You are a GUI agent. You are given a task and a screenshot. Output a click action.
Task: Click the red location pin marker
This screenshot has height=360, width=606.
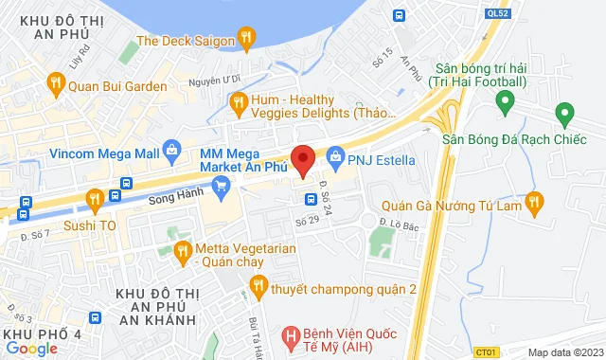[x=303, y=160]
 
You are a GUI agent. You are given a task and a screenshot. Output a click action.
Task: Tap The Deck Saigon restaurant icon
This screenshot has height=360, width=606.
[x=247, y=39]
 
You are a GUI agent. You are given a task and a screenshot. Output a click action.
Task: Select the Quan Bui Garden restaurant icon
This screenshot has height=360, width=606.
[x=56, y=83]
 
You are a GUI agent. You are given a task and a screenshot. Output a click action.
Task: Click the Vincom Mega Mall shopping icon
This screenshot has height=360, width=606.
[x=171, y=148]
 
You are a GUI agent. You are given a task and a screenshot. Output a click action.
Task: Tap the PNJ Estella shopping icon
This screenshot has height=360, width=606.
[x=334, y=158]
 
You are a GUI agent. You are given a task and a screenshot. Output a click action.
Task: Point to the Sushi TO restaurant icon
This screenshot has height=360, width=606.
[x=94, y=199]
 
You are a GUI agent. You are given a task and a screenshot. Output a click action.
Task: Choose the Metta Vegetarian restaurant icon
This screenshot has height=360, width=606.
[x=184, y=251]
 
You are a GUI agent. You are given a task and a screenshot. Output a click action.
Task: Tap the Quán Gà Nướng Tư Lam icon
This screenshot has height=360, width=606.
[x=535, y=201]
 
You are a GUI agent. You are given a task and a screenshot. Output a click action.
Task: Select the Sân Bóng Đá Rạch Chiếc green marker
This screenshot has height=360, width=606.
[x=565, y=117]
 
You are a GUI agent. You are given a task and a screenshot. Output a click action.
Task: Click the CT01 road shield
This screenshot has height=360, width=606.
[x=486, y=352]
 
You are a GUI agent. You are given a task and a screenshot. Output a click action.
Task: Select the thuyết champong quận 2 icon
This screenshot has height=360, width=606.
[x=257, y=285]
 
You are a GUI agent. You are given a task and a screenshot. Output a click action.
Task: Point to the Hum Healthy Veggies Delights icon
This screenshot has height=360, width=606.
[x=238, y=102]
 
